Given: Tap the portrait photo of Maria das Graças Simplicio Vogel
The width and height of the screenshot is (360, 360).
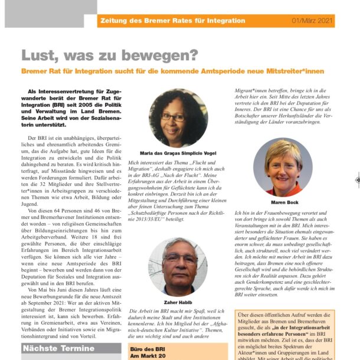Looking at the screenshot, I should pyautogui.click(x=178, y=118).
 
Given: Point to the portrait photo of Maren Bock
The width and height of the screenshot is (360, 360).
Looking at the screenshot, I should pyautogui.click(x=283, y=167).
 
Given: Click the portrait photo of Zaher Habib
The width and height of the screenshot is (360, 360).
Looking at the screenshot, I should pyautogui.click(x=178, y=267).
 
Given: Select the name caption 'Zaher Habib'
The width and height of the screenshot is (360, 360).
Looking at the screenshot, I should pyautogui.click(x=178, y=302).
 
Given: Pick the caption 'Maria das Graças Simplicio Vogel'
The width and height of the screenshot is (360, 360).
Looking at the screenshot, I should pyautogui.click(x=178, y=153).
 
